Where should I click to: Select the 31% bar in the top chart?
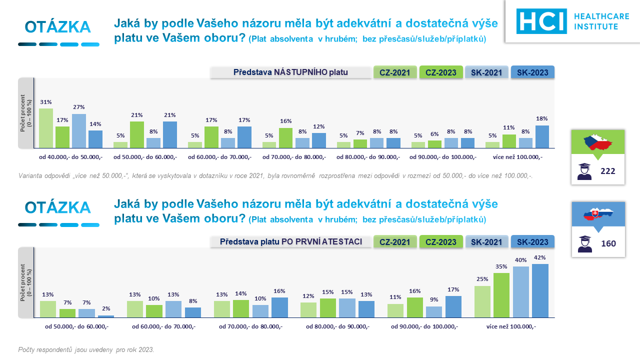(46, 128)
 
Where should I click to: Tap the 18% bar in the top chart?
(542, 136)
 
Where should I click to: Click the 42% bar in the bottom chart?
(540, 290)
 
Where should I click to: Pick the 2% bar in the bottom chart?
(106, 316)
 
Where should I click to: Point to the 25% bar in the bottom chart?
(482, 301)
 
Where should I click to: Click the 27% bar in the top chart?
(78, 130)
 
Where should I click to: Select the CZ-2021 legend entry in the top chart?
(395, 72)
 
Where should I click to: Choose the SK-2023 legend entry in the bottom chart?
(532, 242)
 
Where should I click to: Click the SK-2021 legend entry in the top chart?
(486, 72)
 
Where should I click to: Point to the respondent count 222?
(607, 171)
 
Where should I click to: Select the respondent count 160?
(608, 243)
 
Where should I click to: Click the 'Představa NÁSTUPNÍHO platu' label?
(290, 72)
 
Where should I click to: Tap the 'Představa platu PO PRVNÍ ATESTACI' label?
(290, 242)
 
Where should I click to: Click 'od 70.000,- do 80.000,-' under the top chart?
(294, 157)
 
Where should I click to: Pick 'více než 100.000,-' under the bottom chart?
(511, 326)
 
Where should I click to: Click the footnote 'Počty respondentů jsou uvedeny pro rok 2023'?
(86, 349)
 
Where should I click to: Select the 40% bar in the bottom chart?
(520, 292)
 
